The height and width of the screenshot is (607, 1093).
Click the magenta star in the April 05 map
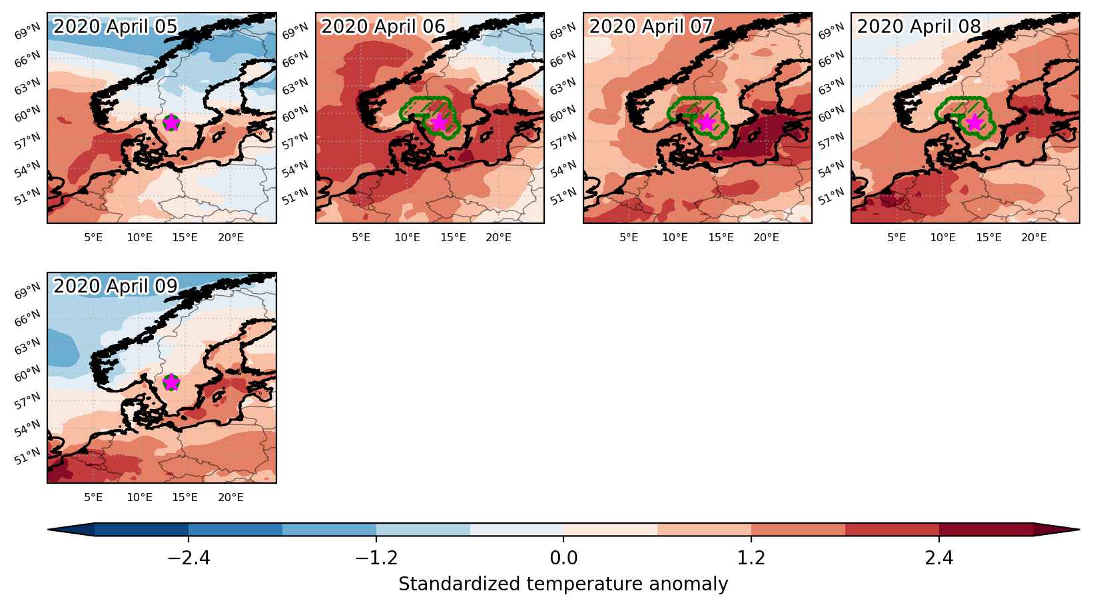click(171, 123)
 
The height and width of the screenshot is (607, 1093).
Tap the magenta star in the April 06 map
click(440, 123)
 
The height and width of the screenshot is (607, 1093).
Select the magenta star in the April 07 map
click(707, 123)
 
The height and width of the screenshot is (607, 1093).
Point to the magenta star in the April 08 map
click(975, 123)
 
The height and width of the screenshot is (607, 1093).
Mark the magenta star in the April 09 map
click(171, 382)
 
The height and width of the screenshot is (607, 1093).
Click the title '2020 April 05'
click(115, 27)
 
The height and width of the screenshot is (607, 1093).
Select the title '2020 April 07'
click(651, 27)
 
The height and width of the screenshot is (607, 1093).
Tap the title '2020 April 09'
click(115, 286)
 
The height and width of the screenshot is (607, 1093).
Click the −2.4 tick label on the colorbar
click(188, 557)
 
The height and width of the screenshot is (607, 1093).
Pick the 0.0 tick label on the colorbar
click(563, 557)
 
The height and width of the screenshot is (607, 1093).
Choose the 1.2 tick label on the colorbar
click(751, 557)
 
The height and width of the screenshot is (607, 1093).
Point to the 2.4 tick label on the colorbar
click(939, 557)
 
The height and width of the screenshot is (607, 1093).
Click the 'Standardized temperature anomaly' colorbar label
click(563, 584)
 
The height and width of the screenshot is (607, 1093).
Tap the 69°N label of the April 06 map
click(295, 30)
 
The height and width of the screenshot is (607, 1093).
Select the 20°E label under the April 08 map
click(1034, 238)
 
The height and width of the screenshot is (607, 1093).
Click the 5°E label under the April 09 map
click(93, 497)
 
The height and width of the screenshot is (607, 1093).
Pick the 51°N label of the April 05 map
click(27, 197)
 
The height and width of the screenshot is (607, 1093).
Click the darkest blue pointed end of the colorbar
click(71, 530)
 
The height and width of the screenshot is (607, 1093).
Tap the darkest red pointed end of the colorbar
click(1056, 530)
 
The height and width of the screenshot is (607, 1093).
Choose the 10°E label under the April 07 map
click(675, 238)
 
